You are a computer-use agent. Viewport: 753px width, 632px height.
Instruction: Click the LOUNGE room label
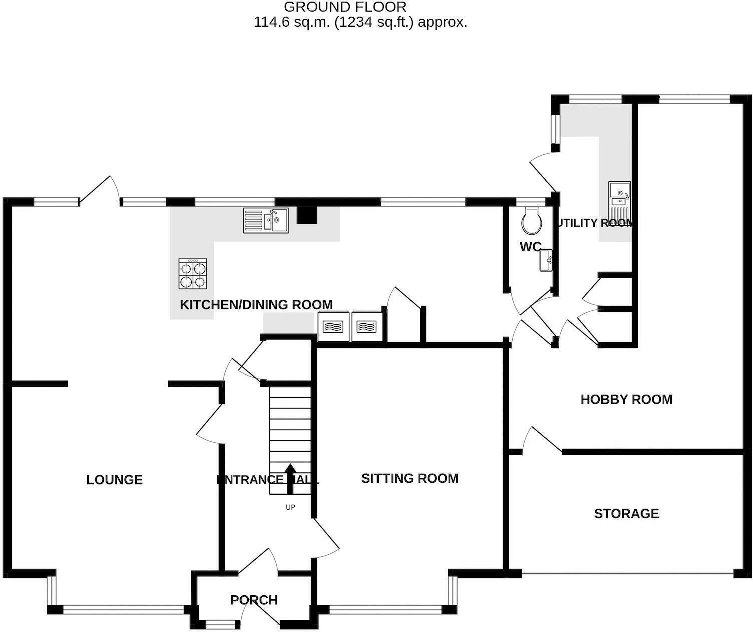(x=114, y=480)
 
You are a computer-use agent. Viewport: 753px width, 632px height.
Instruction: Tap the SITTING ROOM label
(x=410, y=478)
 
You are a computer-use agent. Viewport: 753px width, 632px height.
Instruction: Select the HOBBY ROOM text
(x=626, y=399)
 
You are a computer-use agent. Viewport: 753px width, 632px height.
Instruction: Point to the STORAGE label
(x=626, y=514)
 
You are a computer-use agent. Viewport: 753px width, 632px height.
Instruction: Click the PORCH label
(x=254, y=600)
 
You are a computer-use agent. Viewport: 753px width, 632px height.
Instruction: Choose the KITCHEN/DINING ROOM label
(x=256, y=305)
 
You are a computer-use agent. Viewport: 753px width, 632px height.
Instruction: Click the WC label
(x=530, y=247)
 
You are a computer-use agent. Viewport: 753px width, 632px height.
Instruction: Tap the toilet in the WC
(x=531, y=221)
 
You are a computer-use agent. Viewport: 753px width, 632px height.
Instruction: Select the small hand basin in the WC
(x=546, y=261)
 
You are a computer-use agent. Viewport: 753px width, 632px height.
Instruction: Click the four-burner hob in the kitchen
(x=193, y=274)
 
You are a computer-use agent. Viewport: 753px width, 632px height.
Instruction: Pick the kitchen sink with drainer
(x=266, y=220)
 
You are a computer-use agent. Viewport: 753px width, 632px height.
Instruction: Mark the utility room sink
(x=620, y=200)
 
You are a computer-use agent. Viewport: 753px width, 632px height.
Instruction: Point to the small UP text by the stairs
(x=290, y=507)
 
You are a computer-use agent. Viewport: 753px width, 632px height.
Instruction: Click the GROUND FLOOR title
(x=345, y=7)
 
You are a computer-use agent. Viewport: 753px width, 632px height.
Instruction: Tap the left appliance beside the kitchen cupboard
(x=333, y=327)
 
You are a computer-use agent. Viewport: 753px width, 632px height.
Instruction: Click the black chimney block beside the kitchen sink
(x=307, y=215)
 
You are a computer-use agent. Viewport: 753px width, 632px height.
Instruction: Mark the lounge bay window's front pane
(x=123, y=610)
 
